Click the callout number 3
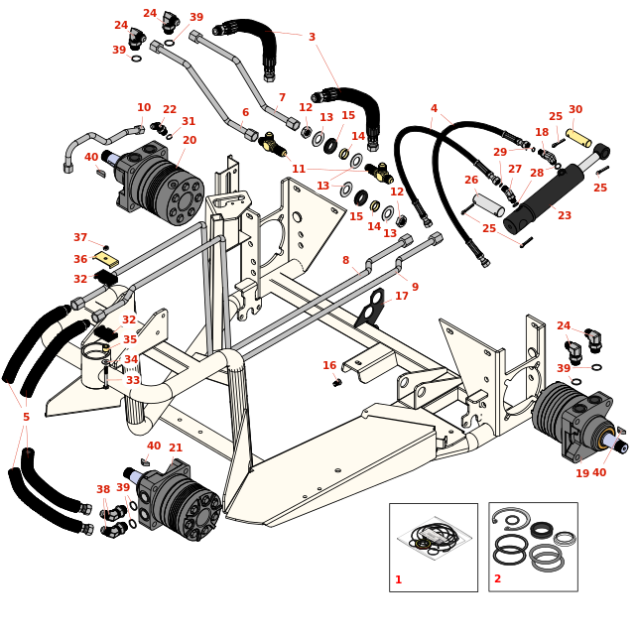pos(312,38)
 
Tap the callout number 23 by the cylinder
pos(564,215)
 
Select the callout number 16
pos(329,365)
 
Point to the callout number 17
pos(402,296)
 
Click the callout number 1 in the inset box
pos(399,579)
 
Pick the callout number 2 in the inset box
pos(497,578)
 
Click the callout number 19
pos(582,473)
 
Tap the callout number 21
pos(176,448)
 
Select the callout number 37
pos(80,238)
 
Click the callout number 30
pos(575,110)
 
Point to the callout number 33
pos(133,380)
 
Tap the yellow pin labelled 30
pos(578,137)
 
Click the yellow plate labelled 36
pos(106,259)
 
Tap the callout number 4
pos(434,109)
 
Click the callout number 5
pos(26,417)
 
